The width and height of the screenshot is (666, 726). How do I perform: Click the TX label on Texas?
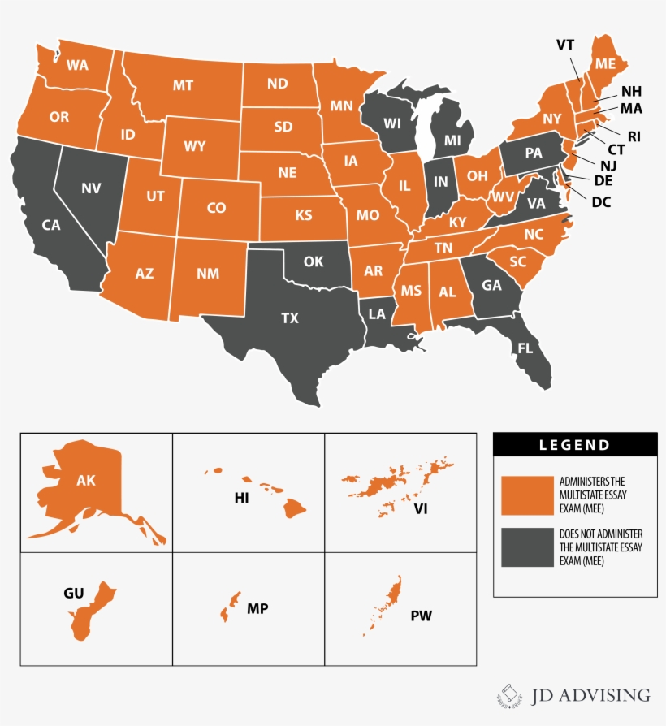tap(290, 318)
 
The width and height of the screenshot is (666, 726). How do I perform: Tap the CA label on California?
tap(51, 225)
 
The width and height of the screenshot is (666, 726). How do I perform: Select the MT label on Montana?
tap(182, 85)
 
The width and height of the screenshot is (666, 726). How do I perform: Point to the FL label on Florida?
tap(525, 348)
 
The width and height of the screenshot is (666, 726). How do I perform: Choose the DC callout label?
tap(602, 201)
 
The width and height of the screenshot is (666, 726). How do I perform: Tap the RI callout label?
tap(634, 136)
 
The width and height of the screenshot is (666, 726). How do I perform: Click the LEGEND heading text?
tap(575, 444)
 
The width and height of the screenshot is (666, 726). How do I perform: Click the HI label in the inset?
tap(241, 498)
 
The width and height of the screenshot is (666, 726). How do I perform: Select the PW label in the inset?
tap(421, 616)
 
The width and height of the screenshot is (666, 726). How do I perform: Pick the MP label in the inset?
tap(258, 608)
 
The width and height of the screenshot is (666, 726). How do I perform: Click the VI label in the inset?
tap(420, 509)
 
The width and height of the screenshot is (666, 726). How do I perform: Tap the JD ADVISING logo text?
tap(591, 694)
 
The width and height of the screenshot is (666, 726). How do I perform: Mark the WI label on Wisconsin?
tap(392, 123)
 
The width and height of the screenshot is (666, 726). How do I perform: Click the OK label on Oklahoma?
tap(314, 263)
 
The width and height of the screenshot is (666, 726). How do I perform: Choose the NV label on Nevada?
tap(91, 188)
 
